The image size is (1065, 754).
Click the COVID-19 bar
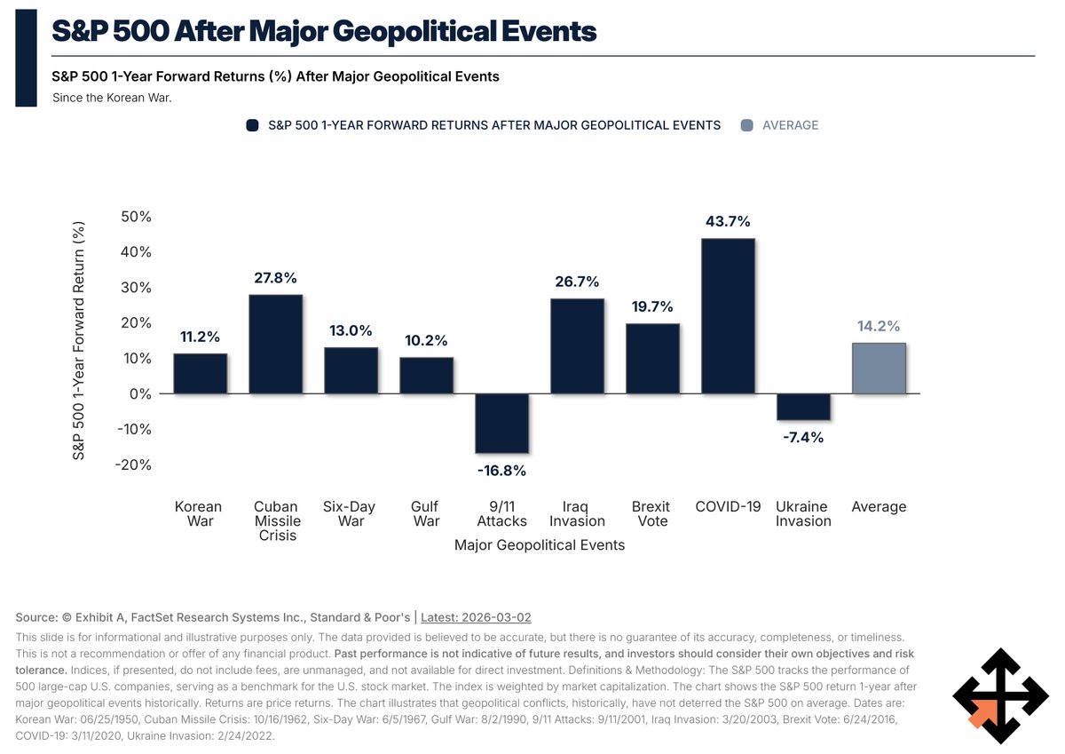point(729,316)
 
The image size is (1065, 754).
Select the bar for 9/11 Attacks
point(502,423)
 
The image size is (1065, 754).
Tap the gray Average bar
point(879,369)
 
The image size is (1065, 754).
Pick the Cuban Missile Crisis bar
point(275,345)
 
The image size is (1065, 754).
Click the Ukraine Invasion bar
point(803,407)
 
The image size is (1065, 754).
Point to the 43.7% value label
point(728,221)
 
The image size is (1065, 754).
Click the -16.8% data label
point(502,471)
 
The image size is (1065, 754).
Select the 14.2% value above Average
point(879,325)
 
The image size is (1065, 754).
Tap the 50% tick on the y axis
point(135,217)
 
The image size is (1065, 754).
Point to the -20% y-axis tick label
point(133,464)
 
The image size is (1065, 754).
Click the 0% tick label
point(140,393)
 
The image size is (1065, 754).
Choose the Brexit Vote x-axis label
point(652,514)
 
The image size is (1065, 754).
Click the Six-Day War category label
point(351,514)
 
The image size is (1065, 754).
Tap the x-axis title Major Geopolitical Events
point(540,544)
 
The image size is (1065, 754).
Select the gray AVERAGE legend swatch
point(745,125)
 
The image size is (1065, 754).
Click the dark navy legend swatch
point(252,125)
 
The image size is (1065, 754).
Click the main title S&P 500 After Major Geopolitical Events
point(324,32)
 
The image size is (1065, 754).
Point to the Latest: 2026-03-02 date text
point(476,617)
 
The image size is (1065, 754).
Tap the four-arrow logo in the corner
point(1000,695)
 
